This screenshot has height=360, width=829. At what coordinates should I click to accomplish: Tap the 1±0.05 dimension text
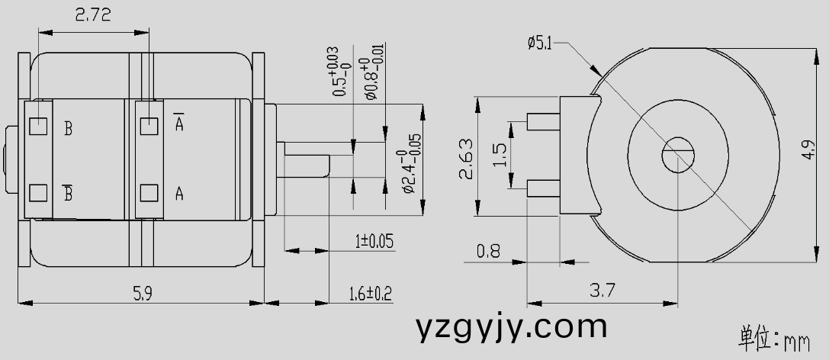tap(374, 242)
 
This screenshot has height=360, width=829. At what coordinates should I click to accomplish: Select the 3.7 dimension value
tap(602, 291)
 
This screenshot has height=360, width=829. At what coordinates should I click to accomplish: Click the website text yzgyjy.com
tap(512, 327)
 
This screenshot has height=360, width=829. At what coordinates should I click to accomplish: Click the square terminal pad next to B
tap(38, 126)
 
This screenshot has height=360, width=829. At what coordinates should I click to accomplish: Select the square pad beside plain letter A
tap(149, 193)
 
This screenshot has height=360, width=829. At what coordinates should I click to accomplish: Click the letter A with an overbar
tap(179, 122)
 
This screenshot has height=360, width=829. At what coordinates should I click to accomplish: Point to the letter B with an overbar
tap(68, 193)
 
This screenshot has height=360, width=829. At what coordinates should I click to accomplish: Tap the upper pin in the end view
tap(543, 121)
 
